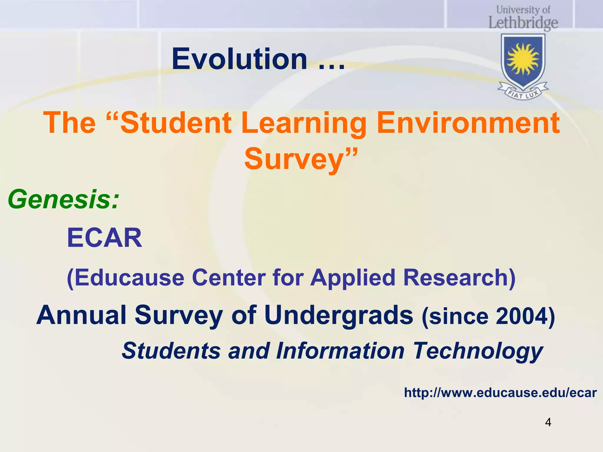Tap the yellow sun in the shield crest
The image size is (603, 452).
click(x=523, y=59)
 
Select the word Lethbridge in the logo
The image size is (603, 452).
click(x=523, y=23)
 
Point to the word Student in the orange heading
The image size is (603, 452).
click(x=176, y=123)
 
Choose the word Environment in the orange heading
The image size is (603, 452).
click(x=468, y=123)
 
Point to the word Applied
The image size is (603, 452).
click(x=352, y=278)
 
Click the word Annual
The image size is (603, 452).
click(x=82, y=315)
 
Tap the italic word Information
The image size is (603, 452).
click(x=340, y=351)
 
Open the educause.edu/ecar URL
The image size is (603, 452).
click(x=500, y=393)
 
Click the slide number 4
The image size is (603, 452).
click(x=548, y=422)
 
